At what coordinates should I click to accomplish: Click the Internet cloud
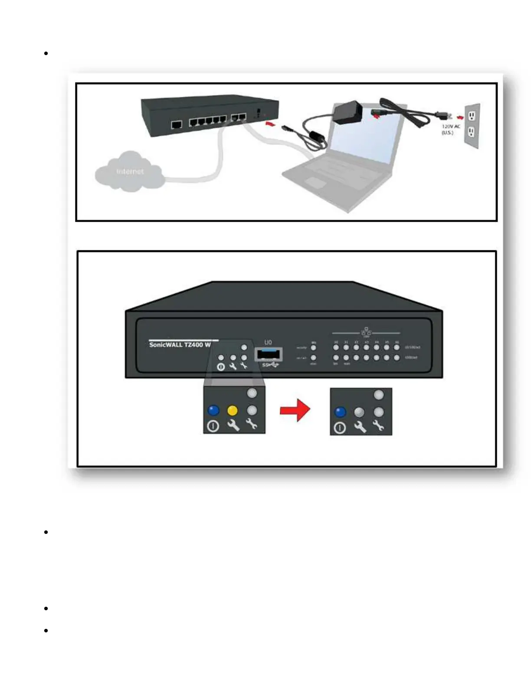129,172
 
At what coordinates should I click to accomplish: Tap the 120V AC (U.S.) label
450,129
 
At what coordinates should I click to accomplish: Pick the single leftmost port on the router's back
177,125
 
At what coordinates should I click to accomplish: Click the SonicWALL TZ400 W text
180,345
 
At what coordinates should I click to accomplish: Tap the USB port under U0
269,354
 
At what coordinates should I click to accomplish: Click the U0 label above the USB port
268,343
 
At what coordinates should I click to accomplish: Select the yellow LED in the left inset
233,410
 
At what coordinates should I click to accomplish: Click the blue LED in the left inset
213,410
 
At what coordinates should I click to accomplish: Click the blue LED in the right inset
341,412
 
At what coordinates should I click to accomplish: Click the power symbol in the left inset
213,426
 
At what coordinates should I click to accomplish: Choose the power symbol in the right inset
340,428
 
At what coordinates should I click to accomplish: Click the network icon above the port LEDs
366,332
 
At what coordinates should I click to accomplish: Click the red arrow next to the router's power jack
270,124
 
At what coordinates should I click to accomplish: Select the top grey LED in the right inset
379,395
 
